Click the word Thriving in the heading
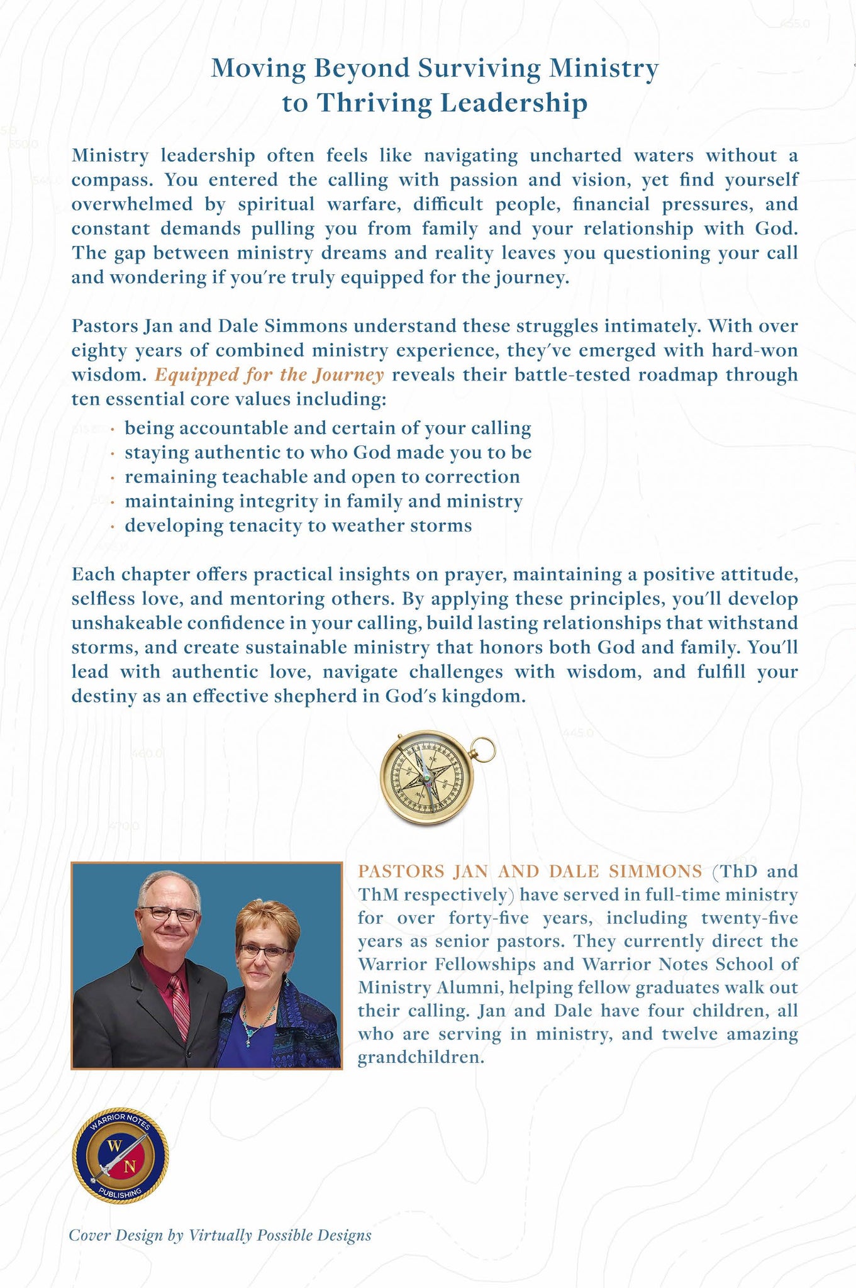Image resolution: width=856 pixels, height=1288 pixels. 373,103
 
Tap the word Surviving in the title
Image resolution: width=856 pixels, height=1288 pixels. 479,68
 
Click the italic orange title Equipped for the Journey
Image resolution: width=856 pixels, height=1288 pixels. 269,375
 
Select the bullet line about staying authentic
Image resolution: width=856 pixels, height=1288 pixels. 328,453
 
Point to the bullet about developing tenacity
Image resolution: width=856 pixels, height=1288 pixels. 298,526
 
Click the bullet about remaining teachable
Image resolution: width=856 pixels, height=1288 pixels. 322,477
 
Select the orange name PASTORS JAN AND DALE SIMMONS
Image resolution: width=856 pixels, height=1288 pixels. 530,872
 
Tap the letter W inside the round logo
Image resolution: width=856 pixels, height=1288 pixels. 114,1145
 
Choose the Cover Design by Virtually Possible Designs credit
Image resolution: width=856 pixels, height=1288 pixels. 220,1235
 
